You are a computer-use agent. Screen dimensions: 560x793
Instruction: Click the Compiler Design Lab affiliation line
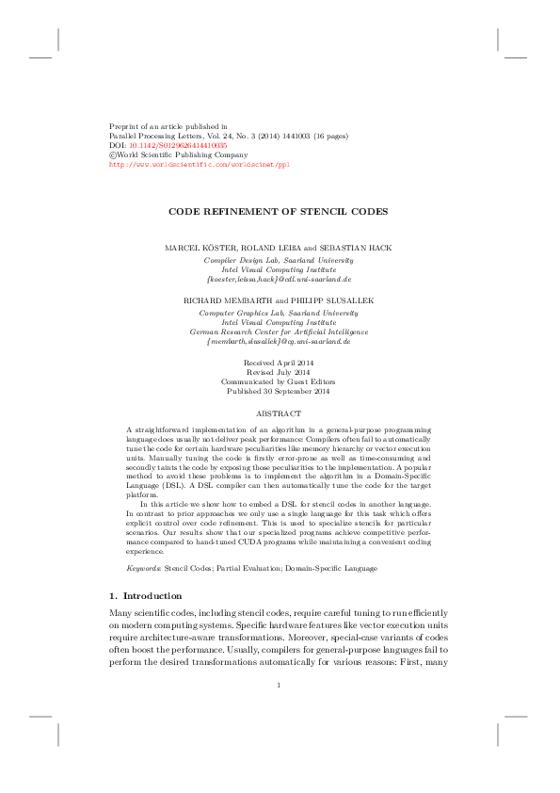click(279, 259)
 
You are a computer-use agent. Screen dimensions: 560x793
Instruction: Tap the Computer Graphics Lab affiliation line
click(279, 312)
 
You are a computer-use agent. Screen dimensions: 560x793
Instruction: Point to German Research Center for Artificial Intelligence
click(279, 332)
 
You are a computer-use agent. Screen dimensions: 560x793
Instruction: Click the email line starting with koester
click(279, 280)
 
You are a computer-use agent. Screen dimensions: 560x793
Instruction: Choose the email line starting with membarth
click(279, 342)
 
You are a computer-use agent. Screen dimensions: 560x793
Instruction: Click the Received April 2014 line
click(279, 363)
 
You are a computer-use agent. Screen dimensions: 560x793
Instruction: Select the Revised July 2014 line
click(279, 372)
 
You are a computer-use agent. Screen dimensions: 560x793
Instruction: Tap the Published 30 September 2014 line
click(279, 392)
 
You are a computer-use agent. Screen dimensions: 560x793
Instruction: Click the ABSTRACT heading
click(279, 413)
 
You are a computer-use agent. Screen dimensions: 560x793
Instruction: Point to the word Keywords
click(144, 569)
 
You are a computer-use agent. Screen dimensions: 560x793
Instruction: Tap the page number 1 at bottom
click(280, 685)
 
